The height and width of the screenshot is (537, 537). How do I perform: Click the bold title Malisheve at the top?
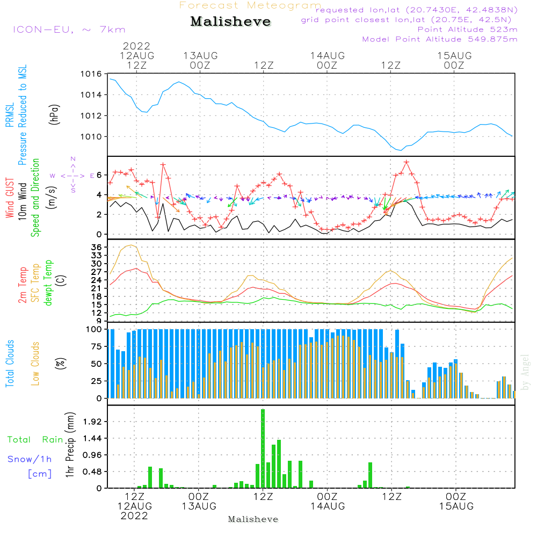[230, 22]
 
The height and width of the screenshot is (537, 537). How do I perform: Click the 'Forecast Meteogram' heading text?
[250, 5]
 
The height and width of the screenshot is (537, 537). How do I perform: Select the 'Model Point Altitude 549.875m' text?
[440, 39]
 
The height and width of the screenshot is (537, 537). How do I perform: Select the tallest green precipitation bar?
[263, 448]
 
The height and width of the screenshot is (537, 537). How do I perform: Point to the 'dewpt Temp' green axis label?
[49, 282]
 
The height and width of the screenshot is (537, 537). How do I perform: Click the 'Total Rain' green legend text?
[35, 440]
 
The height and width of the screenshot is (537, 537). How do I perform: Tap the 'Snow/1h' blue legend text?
[30, 459]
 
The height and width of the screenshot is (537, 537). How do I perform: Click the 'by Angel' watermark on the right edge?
[525, 372]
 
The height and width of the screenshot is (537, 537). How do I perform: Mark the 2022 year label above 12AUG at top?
[136, 46]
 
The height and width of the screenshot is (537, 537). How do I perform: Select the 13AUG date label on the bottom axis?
[199, 506]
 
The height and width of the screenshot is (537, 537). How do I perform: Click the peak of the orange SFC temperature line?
[129, 245]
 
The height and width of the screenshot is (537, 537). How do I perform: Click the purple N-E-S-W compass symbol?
[73, 175]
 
